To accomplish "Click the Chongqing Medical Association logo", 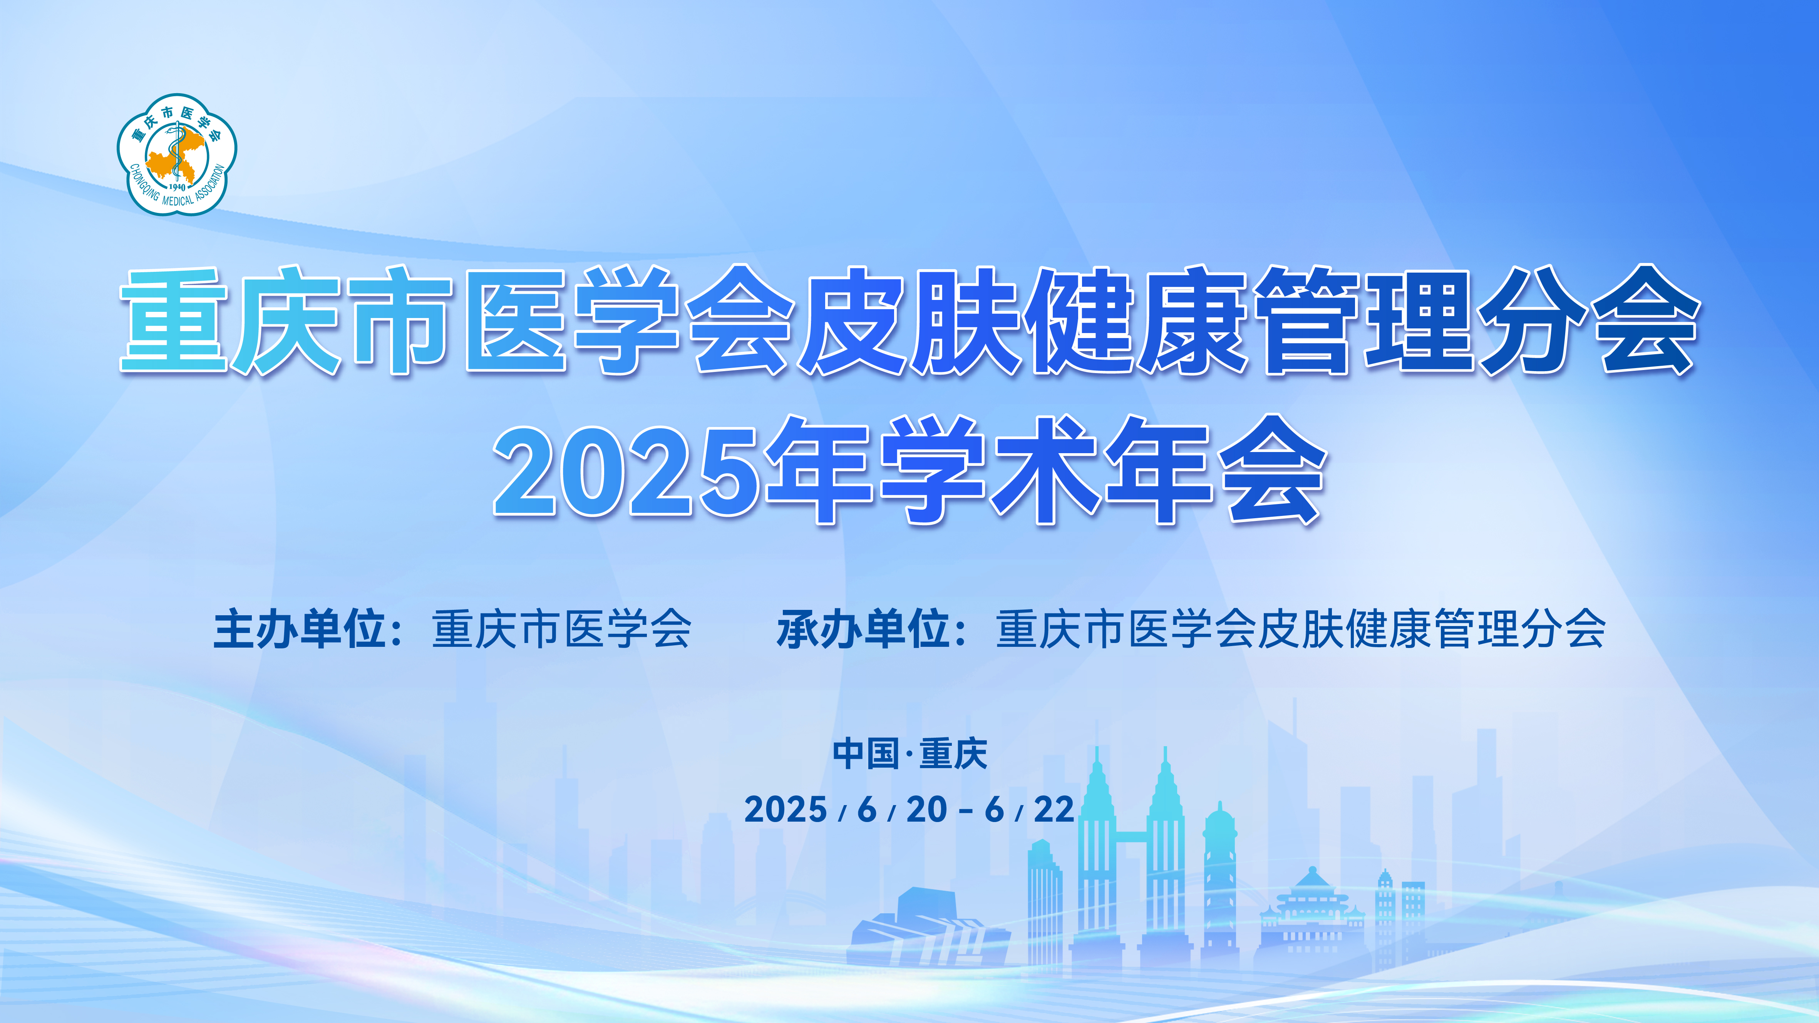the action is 176,154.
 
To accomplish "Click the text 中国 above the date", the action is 866,754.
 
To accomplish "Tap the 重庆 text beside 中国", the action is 953,754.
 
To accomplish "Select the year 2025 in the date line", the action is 785,810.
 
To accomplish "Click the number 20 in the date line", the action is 926,810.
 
